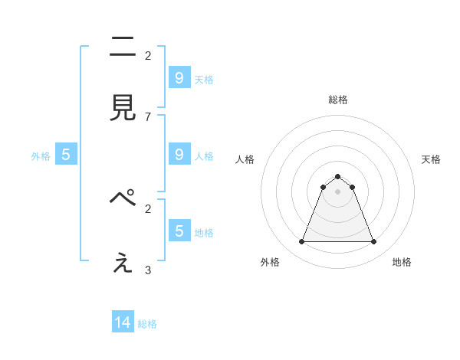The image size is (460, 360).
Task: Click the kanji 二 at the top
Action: pyautogui.click(x=123, y=47)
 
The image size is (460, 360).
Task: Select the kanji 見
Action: pyautogui.click(x=123, y=109)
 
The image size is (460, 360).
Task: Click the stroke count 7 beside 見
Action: pyautogui.click(x=148, y=116)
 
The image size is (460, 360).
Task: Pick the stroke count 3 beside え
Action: pyautogui.click(x=148, y=270)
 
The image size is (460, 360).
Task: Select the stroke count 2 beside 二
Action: pyautogui.click(x=148, y=55)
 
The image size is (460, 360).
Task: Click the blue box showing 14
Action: pyautogui.click(x=123, y=323)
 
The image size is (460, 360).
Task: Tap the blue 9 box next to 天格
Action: pyautogui.click(x=179, y=78)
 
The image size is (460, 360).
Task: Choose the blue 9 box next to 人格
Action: pyautogui.click(x=179, y=155)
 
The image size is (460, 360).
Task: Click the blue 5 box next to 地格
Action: pyautogui.click(x=179, y=231)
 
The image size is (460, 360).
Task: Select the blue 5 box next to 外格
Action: pyautogui.click(x=66, y=155)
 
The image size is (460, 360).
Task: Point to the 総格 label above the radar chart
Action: pyautogui.click(x=338, y=100)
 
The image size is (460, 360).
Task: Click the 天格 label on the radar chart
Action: pyautogui.click(x=431, y=159)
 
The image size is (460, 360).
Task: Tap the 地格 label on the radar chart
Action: pyautogui.click(x=402, y=262)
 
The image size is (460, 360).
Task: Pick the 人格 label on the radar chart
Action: pyautogui.click(x=245, y=159)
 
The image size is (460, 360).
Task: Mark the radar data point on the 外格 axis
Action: pyautogui.click(x=301, y=242)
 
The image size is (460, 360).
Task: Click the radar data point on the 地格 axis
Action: pyautogui.click(x=373, y=242)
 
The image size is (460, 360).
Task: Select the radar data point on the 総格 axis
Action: pyautogui.click(x=337, y=177)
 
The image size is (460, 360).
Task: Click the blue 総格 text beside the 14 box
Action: pyautogui.click(x=147, y=324)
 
